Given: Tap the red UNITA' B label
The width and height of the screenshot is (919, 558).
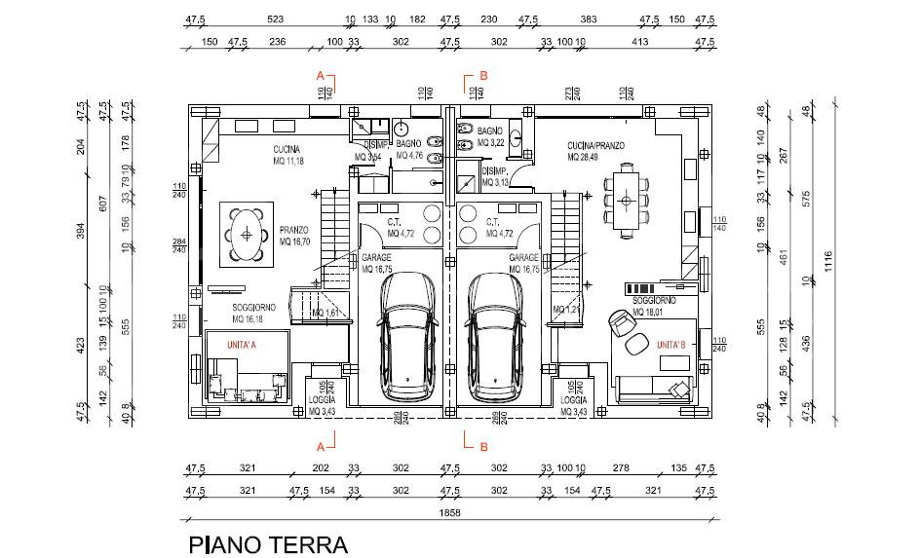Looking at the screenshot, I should (x=670, y=345).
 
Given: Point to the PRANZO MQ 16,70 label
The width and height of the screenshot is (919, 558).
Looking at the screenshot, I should (x=293, y=236).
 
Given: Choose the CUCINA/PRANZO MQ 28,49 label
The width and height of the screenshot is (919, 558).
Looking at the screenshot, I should (x=595, y=151).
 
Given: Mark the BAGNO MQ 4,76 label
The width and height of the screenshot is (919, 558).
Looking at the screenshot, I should (x=408, y=149).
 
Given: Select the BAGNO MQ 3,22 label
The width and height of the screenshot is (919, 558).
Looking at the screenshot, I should (x=489, y=136).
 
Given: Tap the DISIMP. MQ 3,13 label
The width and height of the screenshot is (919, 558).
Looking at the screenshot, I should (x=496, y=176).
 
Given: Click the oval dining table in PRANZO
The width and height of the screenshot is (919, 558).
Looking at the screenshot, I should (x=247, y=235).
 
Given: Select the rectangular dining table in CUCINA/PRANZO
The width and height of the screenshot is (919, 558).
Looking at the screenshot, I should (x=626, y=200).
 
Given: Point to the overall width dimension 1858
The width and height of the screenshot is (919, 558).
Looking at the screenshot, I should (x=449, y=512).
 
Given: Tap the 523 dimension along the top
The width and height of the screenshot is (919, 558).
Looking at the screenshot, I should (x=276, y=19).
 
